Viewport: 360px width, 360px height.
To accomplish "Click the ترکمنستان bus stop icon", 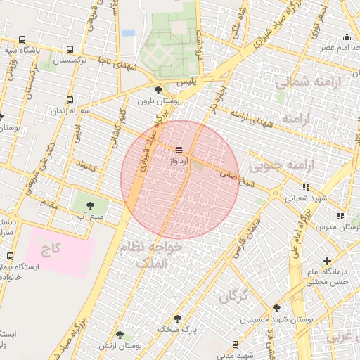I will click(70, 49).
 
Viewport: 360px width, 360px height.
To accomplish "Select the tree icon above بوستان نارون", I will click(158, 90).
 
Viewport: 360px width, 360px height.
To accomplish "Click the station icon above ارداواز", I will click(179, 150).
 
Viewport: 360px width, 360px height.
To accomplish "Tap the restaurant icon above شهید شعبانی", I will click(305, 187).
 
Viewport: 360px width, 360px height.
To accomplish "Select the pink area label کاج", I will click(52, 248).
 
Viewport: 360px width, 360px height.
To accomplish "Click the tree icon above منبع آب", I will click(90, 205).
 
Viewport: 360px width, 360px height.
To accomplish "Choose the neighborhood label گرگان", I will click(233, 297).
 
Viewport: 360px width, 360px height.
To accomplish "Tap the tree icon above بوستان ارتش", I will click(120, 335).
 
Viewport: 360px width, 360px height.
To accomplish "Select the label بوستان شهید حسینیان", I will click(276, 321).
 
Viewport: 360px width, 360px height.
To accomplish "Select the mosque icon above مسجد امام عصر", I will click(346, 37).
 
